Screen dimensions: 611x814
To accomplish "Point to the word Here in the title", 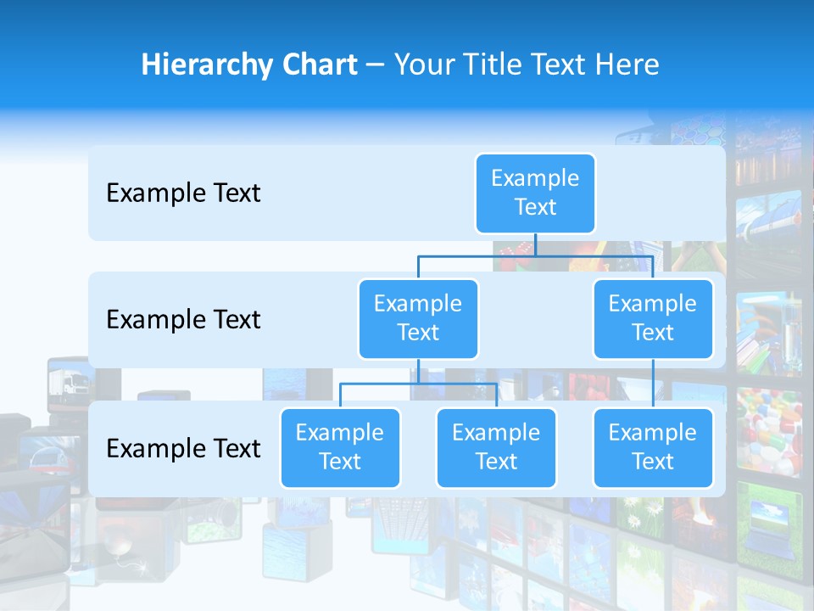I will pyautogui.click(x=627, y=65).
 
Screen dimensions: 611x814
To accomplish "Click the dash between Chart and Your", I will pyautogui.click(x=376, y=66).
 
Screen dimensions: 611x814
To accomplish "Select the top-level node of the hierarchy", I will pyautogui.click(x=535, y=193).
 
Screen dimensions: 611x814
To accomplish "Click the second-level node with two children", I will pyautogui.click(x=418, y=319).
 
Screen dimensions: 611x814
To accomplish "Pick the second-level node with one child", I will pyautogui.click(x=653, y=319).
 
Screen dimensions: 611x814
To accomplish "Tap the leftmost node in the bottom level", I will pyautogui.click(x=340, y=448).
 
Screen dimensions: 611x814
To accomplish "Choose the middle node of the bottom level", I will pyautogui.click(x=496, y=448).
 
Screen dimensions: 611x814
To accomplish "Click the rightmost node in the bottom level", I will pyautogui.click(x=653, y=448).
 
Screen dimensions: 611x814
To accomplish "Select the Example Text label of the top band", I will pyautogui.click(x=183, y=193).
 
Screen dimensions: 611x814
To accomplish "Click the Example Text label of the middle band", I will pyautogui.click(x=183, y=320).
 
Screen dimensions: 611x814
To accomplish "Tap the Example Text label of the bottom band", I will pyautogui.click(x=183, y=449).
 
